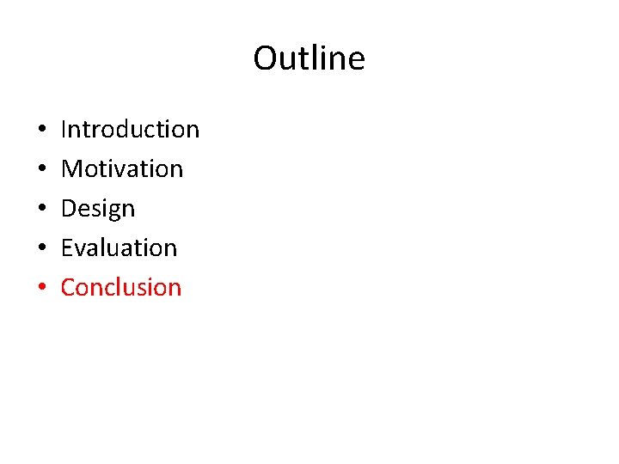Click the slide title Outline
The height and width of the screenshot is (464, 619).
[x=309, y=58]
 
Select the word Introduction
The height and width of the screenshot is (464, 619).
[x=130, y=129]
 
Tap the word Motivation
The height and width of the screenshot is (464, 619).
[x=122, y=168]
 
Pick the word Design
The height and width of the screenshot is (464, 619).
[x=98, y=209]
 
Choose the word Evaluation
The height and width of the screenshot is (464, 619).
[x=119, y=247]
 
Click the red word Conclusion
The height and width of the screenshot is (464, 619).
[x=121, y=287]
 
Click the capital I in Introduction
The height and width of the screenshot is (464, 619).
[x=64, y=129]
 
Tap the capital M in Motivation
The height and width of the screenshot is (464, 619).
[x=71, y=168]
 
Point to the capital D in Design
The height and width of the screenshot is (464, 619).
[x=70, y=208]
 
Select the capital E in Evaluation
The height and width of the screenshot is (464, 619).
[x=67, y=247]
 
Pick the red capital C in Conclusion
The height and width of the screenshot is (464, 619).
[x=69, y=287]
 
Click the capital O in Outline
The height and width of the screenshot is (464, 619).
[x=265, y=58]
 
